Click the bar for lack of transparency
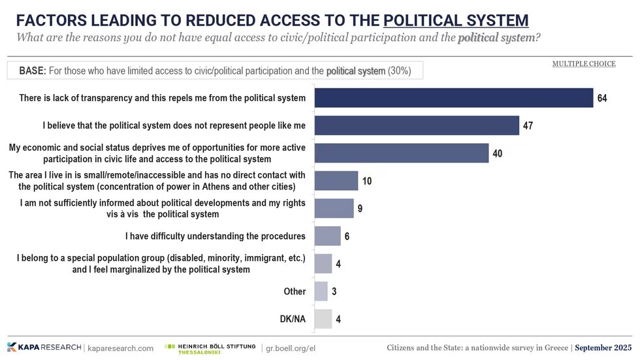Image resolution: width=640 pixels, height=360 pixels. click(x=454, y=98)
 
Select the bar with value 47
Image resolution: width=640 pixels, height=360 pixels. click(x=417, y=125)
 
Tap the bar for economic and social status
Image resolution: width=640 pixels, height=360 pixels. click(x=402, y=153)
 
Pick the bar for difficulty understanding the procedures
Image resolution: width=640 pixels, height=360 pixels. click(x=328, y=236)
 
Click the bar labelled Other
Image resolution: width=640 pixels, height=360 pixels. click(x=321, y=291)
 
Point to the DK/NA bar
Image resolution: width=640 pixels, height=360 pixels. click(x=323, y=319)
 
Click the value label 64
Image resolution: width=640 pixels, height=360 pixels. click(x=602, y=99)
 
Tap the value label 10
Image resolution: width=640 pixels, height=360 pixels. click(x=367, y=181)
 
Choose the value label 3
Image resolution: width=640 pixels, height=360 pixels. click(x=334, y=291)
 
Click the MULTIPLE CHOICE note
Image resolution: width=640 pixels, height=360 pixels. click(x=584, y=64)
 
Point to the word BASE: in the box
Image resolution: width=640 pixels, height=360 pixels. click(x=31, y=71)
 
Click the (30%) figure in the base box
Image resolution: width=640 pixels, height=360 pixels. click(x=400, y=71)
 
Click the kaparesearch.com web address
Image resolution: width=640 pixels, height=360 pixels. click(x=120, y=348)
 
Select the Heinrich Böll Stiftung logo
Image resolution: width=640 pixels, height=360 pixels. click(x=210, y=348)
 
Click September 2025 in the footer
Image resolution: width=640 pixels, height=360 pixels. click(x=605, y=347)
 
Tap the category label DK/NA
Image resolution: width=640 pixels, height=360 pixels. click(x=292, y=319)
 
